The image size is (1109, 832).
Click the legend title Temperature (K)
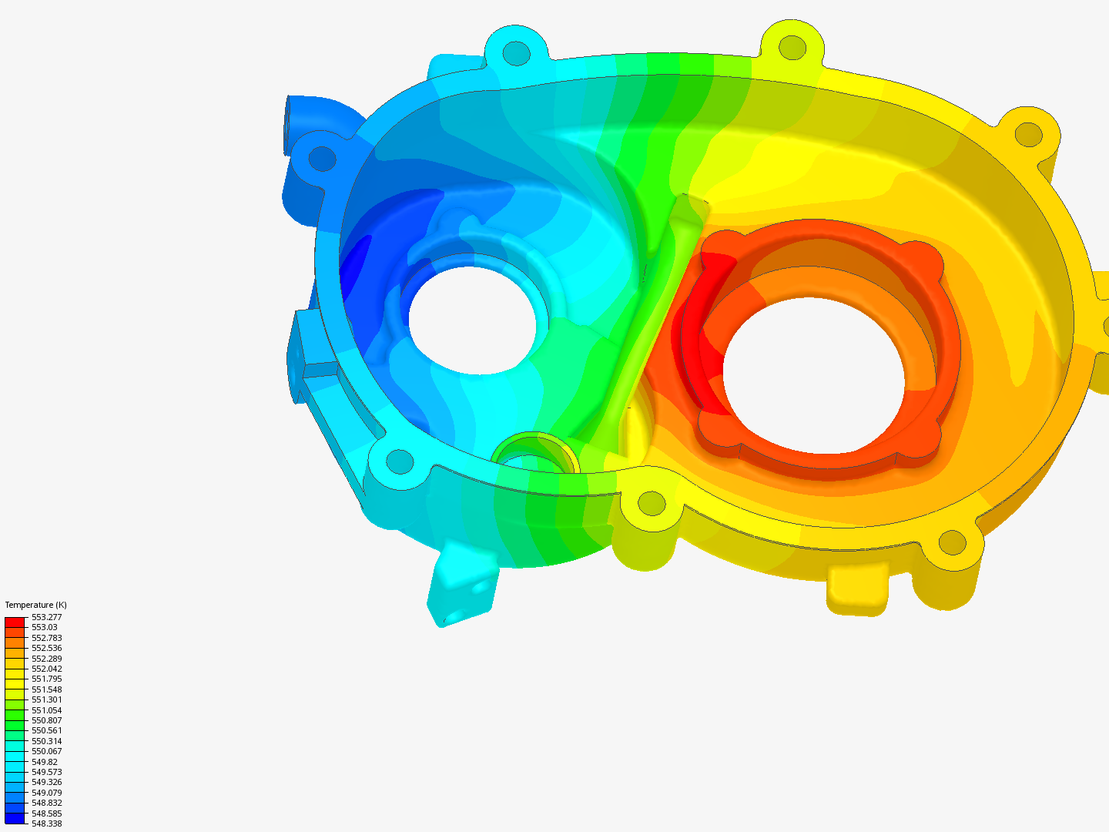[35, 605]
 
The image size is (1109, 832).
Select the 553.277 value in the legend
[46, 617]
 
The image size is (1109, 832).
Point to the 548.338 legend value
[46, 824]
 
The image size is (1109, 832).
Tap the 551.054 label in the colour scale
[46, 710]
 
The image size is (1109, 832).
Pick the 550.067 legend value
[46, 751]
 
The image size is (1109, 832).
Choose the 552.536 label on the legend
[46, 648]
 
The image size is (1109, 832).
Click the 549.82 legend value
[44, 762]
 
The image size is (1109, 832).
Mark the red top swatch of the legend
[15, 622]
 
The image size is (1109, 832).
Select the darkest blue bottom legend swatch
[15, 818]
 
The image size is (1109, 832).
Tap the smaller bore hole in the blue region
[471, 317]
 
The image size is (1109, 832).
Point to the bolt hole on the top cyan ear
[517, 53]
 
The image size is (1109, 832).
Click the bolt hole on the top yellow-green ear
[792, 47]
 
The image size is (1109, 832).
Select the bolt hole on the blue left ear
[322, 159]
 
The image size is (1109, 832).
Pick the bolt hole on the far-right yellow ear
[1028, 134]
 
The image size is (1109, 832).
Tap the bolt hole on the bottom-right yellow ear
[952, 543]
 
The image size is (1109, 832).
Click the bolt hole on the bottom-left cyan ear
[399, 461]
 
